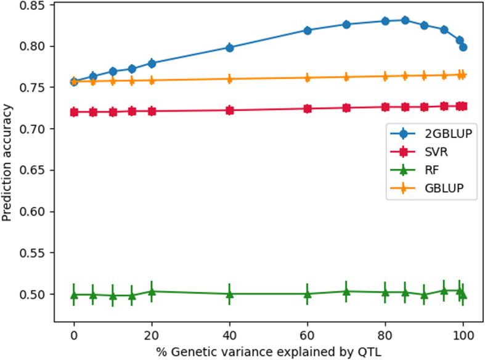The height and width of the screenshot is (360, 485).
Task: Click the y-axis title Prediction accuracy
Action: coord(7,163)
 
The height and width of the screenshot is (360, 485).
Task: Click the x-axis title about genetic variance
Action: coord(268,351)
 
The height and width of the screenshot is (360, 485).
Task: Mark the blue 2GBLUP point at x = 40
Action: coord(229,47)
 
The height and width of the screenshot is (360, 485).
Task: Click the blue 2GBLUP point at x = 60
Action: coord(308,30)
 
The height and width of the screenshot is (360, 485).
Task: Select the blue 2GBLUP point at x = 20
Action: coord(152,63)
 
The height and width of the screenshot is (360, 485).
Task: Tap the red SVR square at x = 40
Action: coord(229,110)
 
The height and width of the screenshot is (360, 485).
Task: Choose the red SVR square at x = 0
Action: coord(74,112)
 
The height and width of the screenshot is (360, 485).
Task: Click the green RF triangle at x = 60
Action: coord(308,294)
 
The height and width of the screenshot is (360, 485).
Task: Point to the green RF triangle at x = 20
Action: coord(152,292)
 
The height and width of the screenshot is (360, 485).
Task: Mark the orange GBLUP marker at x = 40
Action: coord(229,79)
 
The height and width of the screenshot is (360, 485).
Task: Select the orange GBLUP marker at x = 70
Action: coord(346,77)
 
